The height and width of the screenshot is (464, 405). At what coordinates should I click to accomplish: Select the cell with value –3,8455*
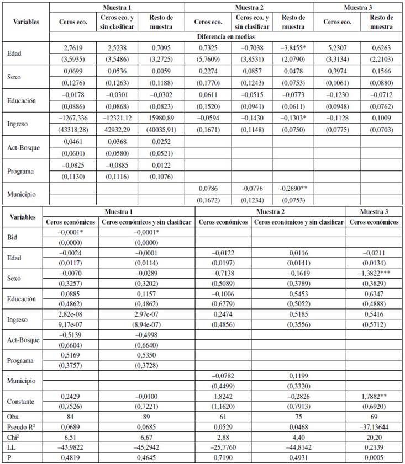(293, 49)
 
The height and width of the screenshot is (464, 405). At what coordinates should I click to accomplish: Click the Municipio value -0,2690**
(293, 188)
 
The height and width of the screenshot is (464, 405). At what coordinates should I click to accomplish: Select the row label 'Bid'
(14, 237)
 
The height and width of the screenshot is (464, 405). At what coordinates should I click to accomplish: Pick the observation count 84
(71, 417)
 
